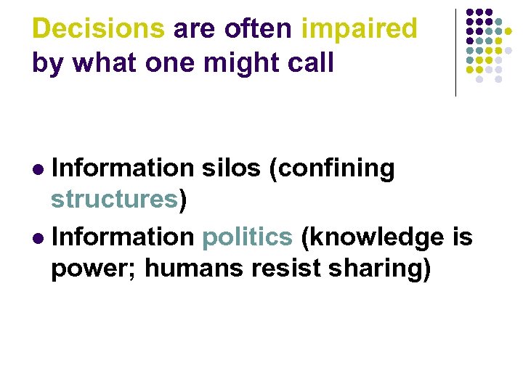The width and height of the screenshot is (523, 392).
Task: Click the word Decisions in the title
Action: [x=99, y=29]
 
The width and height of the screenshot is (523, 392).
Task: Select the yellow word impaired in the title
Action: [x=359, y=29]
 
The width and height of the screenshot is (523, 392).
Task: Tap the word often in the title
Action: [x=259, y=29]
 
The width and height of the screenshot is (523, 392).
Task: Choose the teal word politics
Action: [x=247, y=237]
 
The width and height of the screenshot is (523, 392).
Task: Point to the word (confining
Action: [x=331, y=168]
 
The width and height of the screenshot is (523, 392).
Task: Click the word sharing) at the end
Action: [x=379, y=269]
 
